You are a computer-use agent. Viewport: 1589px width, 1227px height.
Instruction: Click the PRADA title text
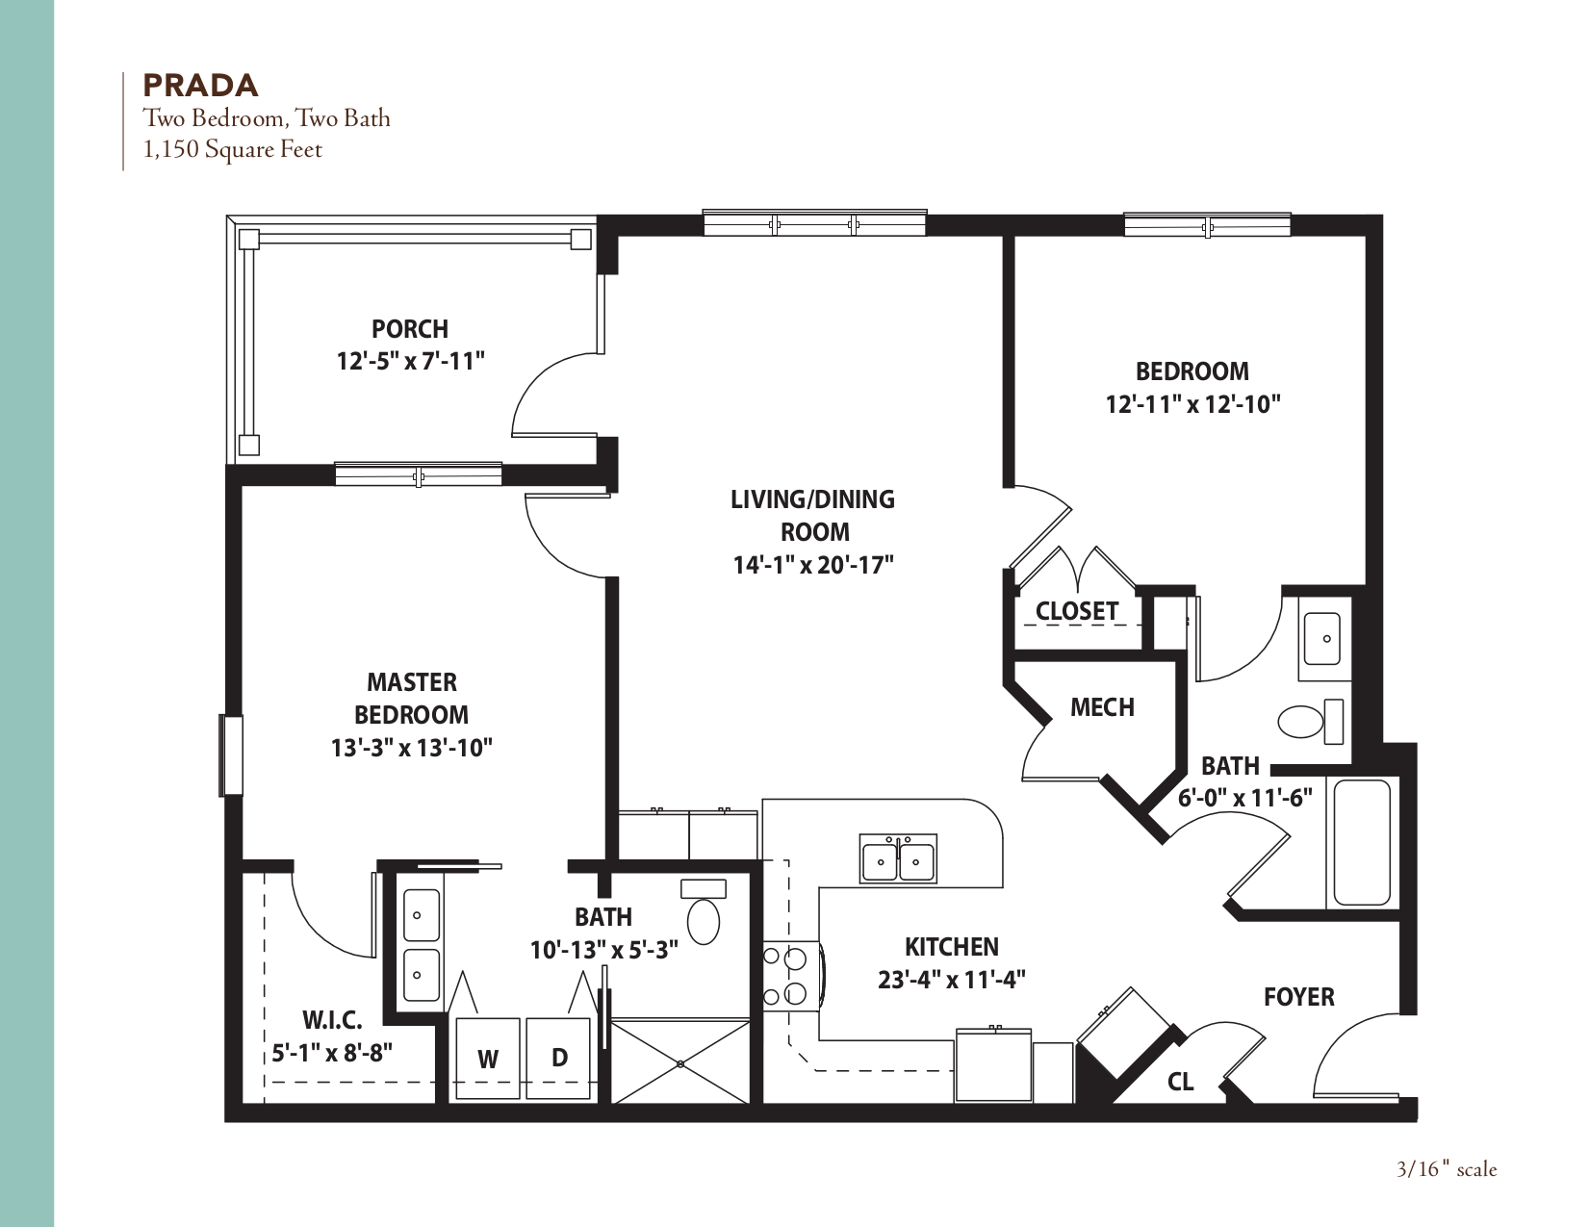click(200, 86)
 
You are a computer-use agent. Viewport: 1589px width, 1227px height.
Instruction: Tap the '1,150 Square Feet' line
click(232, 150)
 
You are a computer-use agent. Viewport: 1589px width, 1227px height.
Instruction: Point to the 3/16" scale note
click(1447, 1169)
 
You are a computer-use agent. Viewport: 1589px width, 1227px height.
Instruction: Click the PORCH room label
click(410, 329)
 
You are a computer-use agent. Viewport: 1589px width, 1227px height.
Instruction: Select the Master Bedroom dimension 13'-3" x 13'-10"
click(412, 748)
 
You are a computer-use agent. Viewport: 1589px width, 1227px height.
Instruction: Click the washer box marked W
click(488, 1059)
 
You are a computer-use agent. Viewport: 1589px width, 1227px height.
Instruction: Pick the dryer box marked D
click(559, 1057)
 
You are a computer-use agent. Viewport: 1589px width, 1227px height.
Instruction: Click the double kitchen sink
click(898, 859)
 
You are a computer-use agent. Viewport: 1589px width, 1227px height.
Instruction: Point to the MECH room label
click(1102, 708)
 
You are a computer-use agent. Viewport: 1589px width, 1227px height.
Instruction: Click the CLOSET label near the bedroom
click(1076, 611)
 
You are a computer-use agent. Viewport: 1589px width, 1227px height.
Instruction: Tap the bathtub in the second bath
click(1362, 843)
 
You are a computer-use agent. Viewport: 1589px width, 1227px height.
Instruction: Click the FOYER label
click(1298, 997)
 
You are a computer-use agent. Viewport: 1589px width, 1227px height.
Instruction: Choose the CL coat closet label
click(1180, 1082)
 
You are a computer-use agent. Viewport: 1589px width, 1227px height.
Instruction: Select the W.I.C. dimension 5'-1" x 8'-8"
click(332, 1053)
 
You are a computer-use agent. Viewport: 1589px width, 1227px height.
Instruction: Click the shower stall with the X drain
click(680, 1062)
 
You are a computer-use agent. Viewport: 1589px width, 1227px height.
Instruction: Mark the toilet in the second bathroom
click(1307, 721)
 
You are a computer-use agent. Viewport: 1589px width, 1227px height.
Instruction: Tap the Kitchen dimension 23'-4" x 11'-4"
click(951, 981)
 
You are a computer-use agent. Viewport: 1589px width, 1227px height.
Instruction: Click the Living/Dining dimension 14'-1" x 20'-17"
click(813, 565)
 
